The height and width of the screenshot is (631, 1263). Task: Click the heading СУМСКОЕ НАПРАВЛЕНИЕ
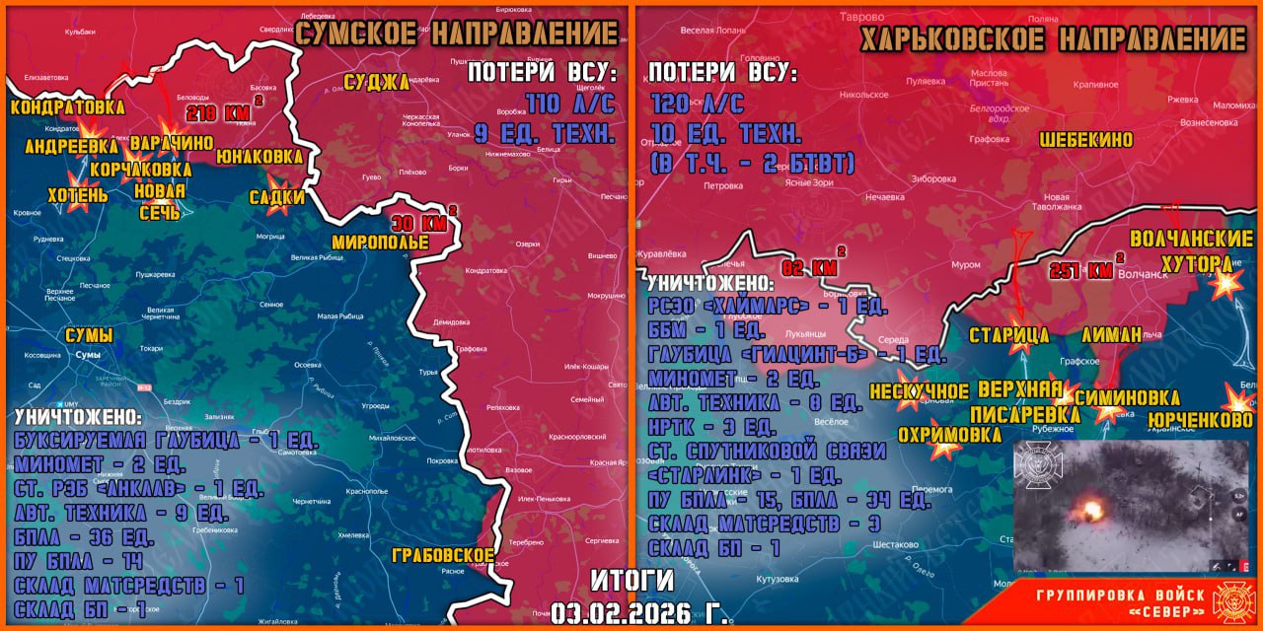458,33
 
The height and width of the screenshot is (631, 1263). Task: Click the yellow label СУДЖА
376,82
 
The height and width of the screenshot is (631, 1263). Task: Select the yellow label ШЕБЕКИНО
1086,140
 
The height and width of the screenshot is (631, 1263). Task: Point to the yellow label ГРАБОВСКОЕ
442,555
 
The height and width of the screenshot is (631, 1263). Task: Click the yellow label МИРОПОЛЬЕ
380,243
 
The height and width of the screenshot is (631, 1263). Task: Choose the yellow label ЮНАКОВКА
259,157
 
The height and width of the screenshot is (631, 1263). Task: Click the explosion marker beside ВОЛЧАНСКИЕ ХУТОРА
1226,283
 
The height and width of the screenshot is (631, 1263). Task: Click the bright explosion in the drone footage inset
1091,510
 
